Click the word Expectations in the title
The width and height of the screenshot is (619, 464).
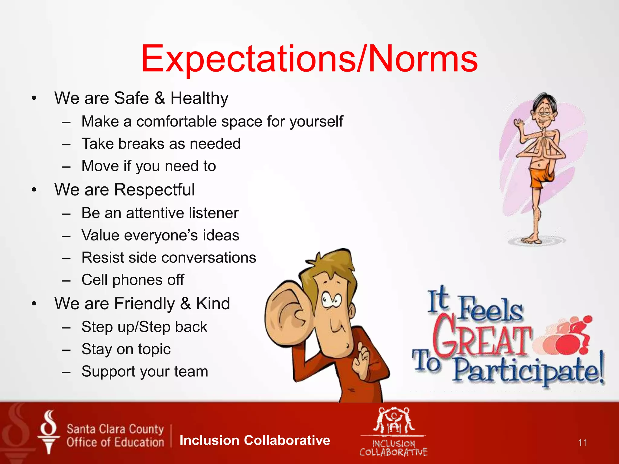248,59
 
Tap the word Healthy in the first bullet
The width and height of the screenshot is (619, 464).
199,98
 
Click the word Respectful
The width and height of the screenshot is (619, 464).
154,190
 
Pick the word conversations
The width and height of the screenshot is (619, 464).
208,258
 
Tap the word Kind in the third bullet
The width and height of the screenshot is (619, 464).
213,303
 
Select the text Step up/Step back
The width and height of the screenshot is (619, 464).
144,327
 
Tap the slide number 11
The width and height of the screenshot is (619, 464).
582,443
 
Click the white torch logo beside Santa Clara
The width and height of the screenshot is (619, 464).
48,432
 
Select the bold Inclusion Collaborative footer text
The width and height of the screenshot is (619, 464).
254,440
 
